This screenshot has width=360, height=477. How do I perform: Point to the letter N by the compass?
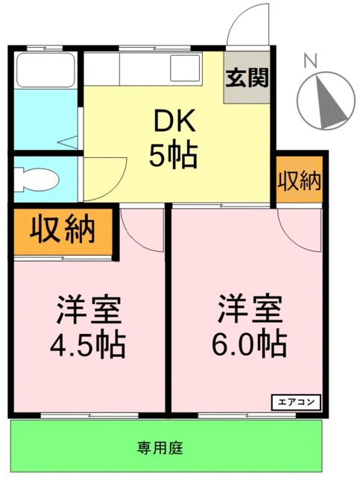311,60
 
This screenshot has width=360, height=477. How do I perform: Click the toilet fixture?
37,178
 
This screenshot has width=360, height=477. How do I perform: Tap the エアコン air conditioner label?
298,401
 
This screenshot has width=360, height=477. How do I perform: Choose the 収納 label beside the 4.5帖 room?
63,230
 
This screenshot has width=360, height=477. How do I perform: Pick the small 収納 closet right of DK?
300,180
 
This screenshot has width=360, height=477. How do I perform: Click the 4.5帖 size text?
87,344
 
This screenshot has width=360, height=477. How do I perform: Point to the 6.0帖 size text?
249,344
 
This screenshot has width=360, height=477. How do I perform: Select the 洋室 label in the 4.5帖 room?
89,309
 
